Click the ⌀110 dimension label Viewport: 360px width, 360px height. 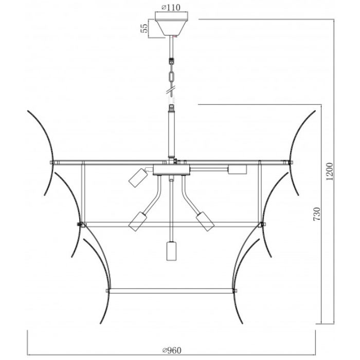point(170,8)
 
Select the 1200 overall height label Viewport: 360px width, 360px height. point(329,172)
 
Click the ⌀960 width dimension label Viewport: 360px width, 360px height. point(172,351)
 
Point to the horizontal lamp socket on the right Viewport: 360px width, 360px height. point(237,169)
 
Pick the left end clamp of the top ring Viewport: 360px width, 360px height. point(52,163)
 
